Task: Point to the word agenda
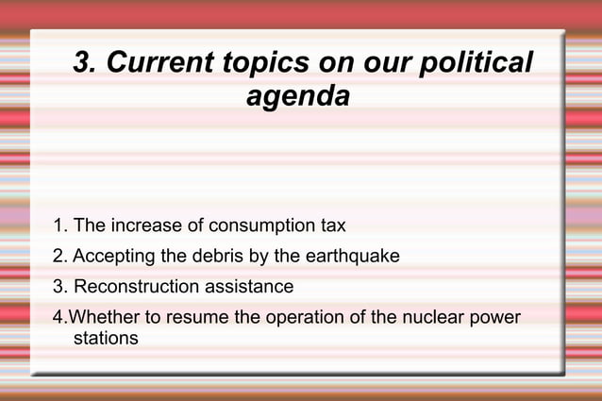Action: click(x=298, y=95)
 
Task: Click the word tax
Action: click(x=332, y=226)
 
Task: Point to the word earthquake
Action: click(x=353, y=257)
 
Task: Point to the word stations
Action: click(x=106, y=338)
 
